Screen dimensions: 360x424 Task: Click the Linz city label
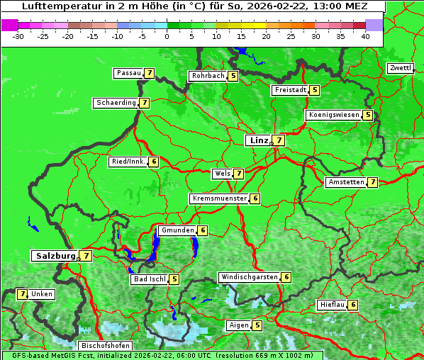(x=259, y=140)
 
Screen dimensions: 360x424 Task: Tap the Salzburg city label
(x=55, y=255)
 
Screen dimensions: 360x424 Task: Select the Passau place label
(x=129, y=73)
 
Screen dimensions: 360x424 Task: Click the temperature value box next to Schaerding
(x=144, y=103)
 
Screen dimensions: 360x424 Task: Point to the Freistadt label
(x=290, y=90)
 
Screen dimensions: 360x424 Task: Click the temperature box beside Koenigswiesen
(x=367, y=115)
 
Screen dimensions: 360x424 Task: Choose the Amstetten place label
(x=345, y=182)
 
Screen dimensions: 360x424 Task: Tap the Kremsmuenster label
(x=219, y=198)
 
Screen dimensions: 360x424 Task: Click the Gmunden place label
(x=177, y=230)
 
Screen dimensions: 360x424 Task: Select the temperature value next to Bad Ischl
(x=174, y=279)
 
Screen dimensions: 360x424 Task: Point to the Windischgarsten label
(x=249, y=277)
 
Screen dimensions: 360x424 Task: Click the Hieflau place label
(x=332, y=305)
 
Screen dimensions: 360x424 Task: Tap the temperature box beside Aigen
(x=257, y=325)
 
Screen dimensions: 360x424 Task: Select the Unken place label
(x=42, y=294)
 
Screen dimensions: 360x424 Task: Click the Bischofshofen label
(x=105, y=346)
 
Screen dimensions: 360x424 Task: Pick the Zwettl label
(x=400, y=68)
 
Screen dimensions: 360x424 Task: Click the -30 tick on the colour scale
(x=18, y=36)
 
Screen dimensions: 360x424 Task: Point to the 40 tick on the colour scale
(x=365, y=36)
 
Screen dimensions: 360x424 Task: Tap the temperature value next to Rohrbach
(x=233, y=76)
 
